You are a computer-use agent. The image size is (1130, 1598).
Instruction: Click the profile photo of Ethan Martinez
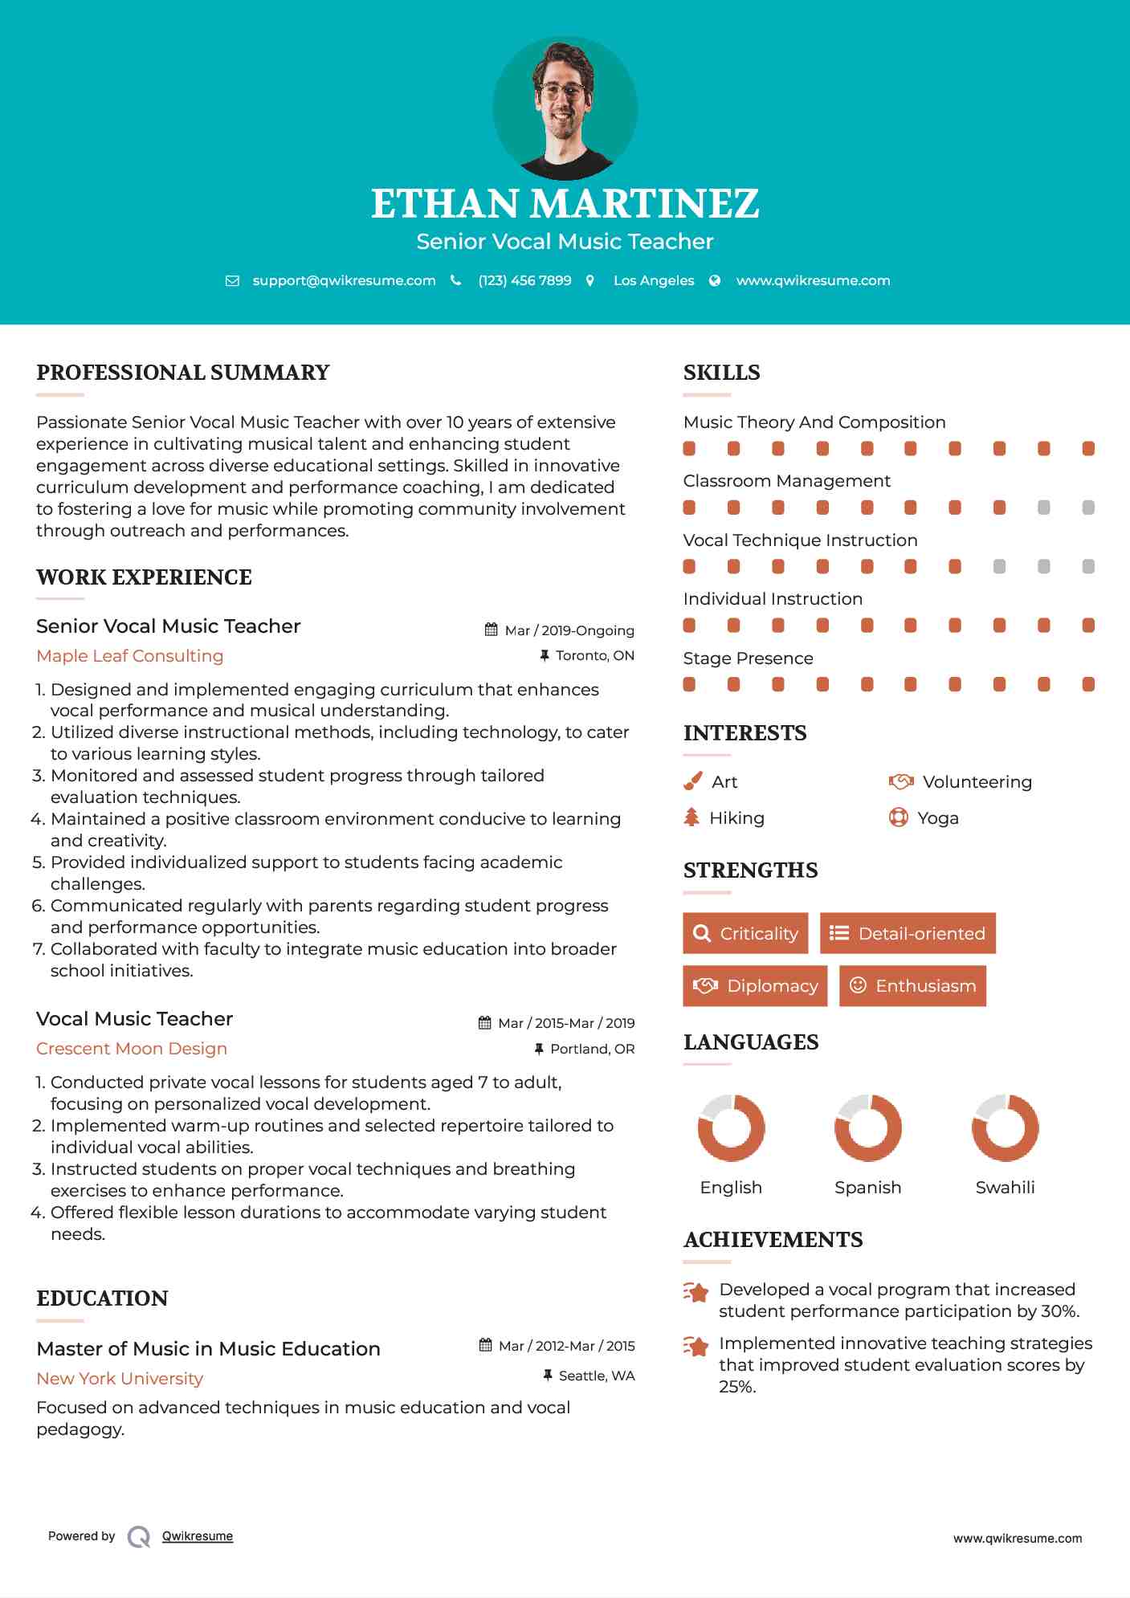[x=565, y=108]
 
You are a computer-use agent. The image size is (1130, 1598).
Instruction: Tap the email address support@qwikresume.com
[x=344, y=280]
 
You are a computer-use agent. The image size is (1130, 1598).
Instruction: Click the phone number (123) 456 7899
[x=524, y=280]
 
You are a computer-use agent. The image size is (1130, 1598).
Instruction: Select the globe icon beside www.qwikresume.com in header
[x=715, y=280]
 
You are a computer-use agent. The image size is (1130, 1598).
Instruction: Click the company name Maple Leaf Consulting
[x=130, y=655]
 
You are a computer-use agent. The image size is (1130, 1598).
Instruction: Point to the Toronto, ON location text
[x=594, y=655]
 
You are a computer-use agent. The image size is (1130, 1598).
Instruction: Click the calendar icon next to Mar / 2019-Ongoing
[x=492, y=630]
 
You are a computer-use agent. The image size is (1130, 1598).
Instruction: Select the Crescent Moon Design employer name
[x=132, y=1048]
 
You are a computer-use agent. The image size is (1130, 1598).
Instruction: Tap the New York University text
[x=120, y=1378]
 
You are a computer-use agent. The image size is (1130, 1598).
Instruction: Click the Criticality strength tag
[x=745, y=933]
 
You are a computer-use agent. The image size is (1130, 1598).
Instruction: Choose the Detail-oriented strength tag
[x=908, y=933]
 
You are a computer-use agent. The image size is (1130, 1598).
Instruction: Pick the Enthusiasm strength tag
[x=912, y=985]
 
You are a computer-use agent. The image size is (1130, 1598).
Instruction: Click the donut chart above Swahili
[x=1005, y=1127]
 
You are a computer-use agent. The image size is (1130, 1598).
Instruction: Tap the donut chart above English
[x=731, y=1127]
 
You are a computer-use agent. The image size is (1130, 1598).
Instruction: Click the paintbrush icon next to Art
[x=692, y=781]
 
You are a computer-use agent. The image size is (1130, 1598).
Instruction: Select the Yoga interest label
[x=938, y=817]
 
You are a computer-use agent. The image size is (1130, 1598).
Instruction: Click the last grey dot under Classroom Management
[x=1088, y=508]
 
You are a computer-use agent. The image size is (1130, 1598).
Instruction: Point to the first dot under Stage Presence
[x=689, y=684]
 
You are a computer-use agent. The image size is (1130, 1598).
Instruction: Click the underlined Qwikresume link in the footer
[x=198, y=1535]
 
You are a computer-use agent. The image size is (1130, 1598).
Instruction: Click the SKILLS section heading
[x=721, y=373]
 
